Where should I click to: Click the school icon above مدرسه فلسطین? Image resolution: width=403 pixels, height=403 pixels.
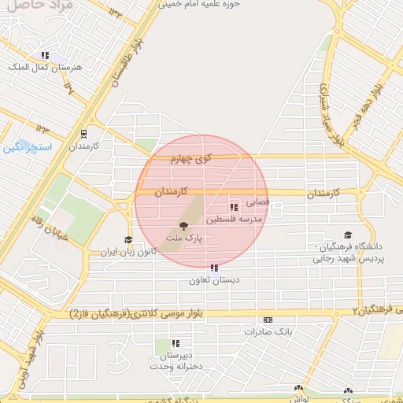tap(234, 207)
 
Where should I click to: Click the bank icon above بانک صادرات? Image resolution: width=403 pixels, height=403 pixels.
tap(268, 320)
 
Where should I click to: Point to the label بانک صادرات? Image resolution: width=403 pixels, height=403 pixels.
tap(268, 331)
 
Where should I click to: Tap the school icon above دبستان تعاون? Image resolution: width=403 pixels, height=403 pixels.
tap(214, 268)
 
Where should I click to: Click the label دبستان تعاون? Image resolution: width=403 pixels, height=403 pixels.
tap(214, 280)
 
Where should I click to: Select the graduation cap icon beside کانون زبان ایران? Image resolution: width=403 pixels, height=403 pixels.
tap(128, 240)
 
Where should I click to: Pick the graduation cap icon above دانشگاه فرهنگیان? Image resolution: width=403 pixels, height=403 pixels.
tap(348, 235)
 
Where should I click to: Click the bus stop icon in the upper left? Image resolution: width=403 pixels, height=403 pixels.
tap(84, 135)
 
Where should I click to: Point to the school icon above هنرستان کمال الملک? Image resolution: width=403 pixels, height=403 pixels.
tap(45, 55)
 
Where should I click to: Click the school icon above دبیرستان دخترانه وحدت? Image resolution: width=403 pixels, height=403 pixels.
tap(176, 343)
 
